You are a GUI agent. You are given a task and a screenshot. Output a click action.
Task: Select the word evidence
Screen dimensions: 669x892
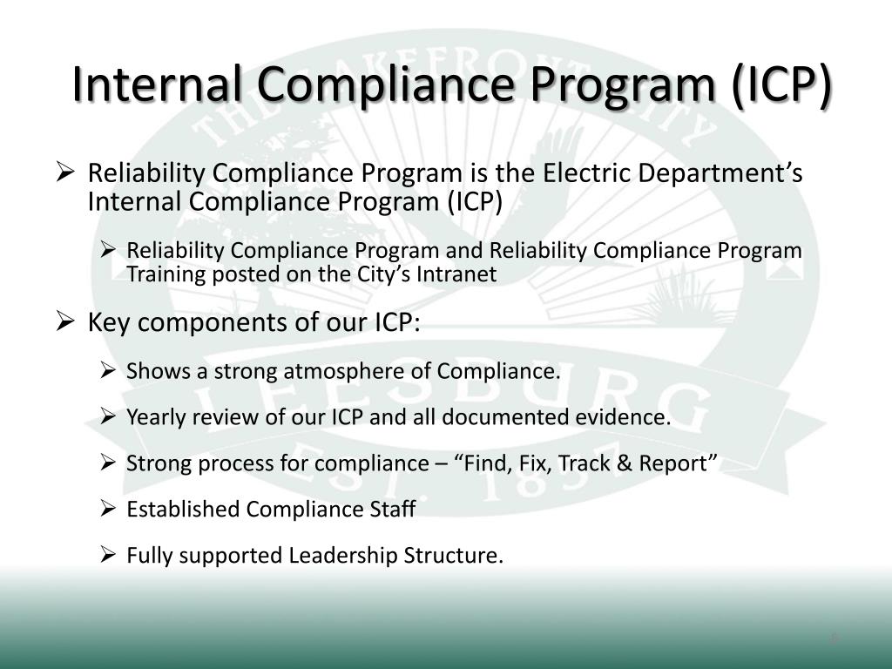tap(630, 417)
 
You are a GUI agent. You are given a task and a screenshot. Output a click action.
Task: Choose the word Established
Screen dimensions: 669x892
tap(183, 510)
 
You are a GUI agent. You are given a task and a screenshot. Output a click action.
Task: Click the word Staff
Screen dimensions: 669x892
tap(395, 510)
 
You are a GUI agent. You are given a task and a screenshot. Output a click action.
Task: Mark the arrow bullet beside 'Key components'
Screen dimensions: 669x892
tap(69, 323)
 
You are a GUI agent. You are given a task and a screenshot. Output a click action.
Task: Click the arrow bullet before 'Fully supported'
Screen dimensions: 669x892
tap(109, 554)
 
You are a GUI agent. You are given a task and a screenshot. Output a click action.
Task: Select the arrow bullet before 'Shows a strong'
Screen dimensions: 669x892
tap(109, 370)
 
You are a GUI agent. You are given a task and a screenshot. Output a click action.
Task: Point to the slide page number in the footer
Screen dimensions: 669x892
tap(834, 639)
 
